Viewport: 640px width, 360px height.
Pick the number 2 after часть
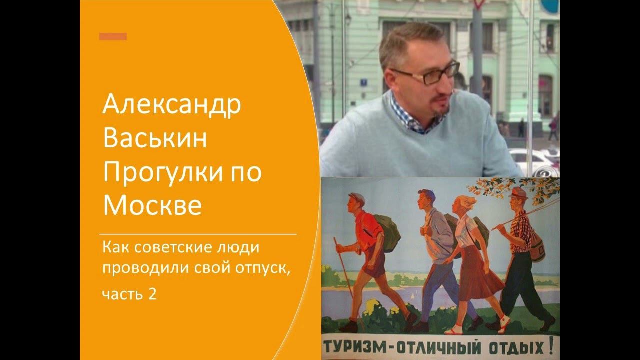click(152, 294)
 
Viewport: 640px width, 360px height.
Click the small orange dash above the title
click(113, 36)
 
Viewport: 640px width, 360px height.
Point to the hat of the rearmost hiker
click(519, 193)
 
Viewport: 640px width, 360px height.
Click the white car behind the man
click(535, 160)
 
